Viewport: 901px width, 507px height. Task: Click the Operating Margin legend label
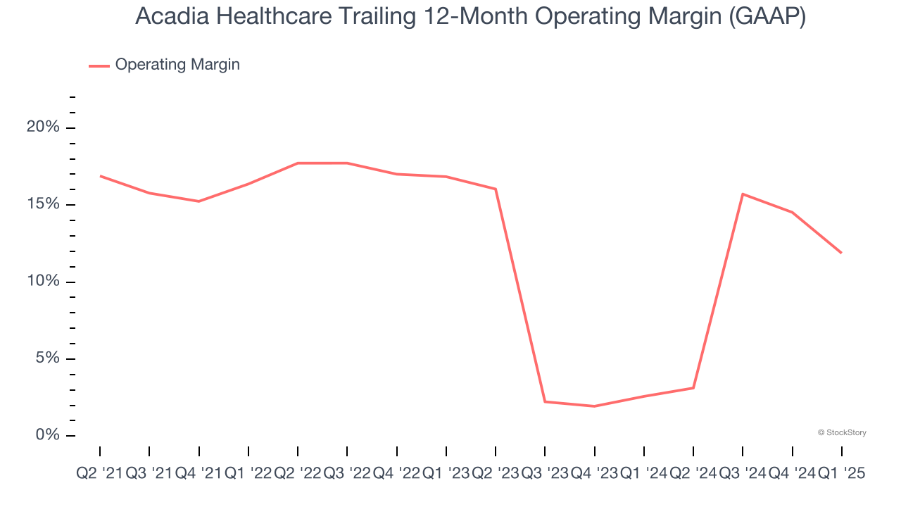[177, 65]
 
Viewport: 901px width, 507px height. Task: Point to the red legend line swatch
[99, 65]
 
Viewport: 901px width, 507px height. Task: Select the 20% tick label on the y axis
[43, 127]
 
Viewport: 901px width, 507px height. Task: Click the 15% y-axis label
[43, 205]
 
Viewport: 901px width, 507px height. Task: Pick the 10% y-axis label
[43, 282]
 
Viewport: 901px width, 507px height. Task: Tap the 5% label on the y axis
[47, 358]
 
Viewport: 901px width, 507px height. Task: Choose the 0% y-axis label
[47, 435]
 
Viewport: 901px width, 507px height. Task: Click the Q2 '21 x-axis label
[99, 474]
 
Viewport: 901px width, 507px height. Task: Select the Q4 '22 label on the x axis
[397, 474]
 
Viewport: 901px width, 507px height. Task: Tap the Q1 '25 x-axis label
[841, 474]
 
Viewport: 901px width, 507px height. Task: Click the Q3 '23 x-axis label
[545, 474]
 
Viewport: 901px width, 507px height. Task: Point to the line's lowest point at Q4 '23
[595, 406]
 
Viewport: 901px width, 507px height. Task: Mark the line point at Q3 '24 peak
[743, 194]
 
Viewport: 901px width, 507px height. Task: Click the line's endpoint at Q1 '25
[841, 253]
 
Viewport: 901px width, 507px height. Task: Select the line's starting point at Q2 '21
[100, 175]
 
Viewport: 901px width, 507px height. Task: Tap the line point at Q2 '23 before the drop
[496, 189]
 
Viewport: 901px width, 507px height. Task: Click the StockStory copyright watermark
[842, 432]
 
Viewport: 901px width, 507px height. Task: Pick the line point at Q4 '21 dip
[199, 201]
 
